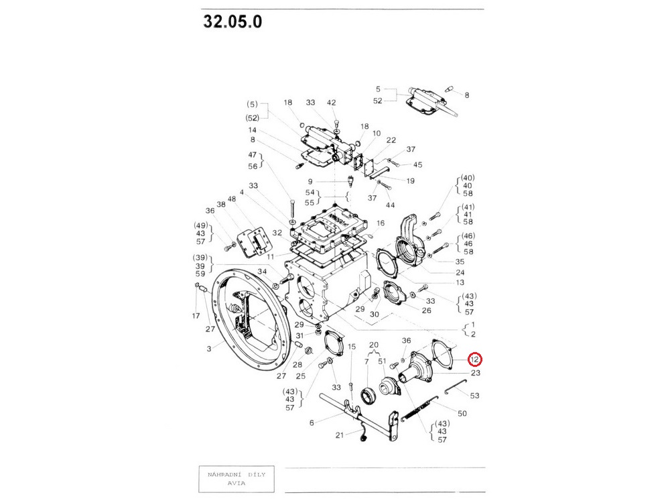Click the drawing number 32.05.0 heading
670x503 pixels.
232,21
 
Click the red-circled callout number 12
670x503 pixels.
475,359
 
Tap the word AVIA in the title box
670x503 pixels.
237,484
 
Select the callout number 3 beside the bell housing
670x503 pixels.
209,349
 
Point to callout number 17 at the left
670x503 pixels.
196,316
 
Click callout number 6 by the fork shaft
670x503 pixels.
312,423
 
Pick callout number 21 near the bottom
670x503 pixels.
339,435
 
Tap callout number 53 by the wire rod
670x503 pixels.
475,396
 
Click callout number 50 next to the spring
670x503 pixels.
462,414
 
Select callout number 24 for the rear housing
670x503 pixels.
460,272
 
